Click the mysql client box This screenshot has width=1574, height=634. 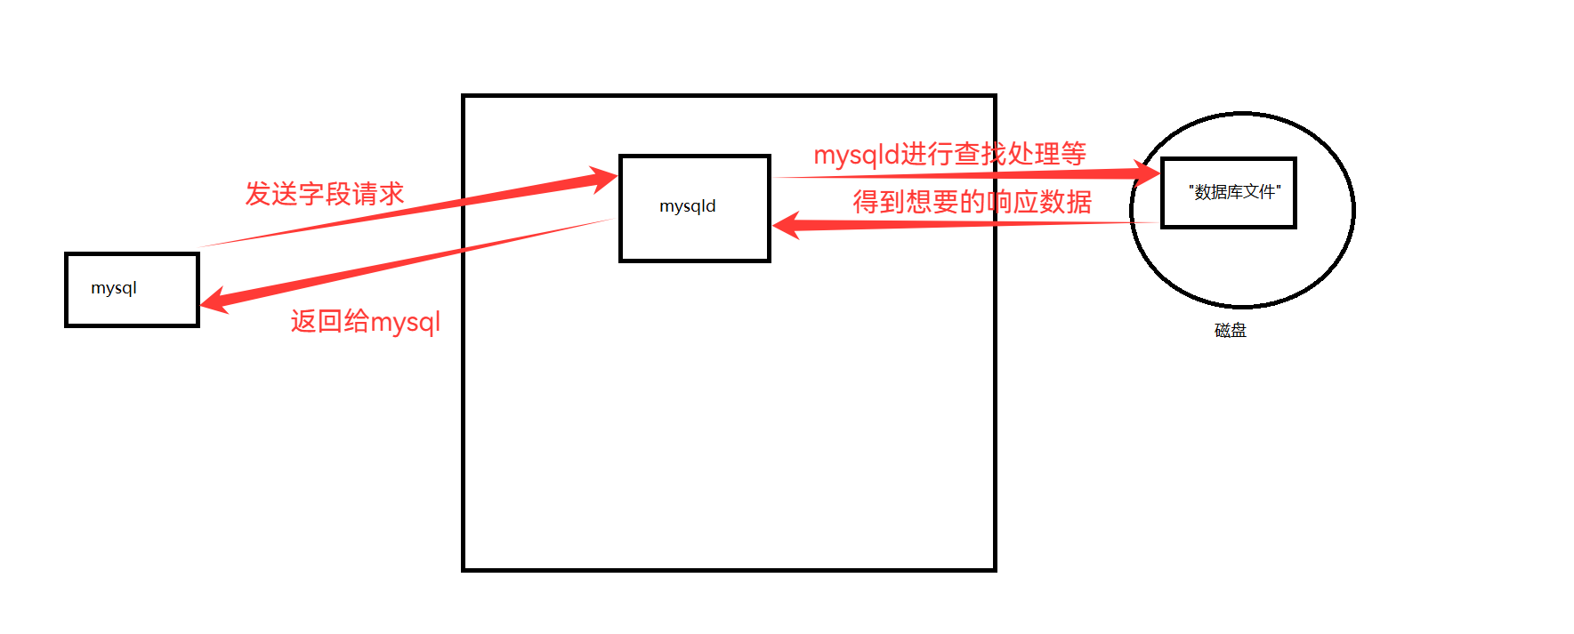pyautogui.click(x=132, y=290)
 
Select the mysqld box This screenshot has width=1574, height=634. pyautogui.click(x=694, y=208)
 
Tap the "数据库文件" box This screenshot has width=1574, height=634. pyautogui.click(x=1228, y=193)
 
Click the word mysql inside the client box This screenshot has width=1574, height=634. pyautogui.click(x=114, y=288)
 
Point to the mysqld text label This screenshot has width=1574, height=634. pyautogui.click(x=687, y=206)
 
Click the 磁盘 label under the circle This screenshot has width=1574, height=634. pyautogui.click(x=1230, y=331)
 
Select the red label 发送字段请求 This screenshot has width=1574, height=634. pyautogui.click(x=324, y=194)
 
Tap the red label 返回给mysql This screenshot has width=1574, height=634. pyautogui.click(x=365, y=321)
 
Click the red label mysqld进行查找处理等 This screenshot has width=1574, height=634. pyautogui.click(x=949, y=155)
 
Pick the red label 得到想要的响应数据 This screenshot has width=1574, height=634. pyautogui.click(x=972, y=202)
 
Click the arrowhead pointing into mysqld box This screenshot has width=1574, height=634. pyautogui.click(x=605, y=179)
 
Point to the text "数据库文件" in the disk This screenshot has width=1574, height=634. pyautogui.click(x=1235, y=192)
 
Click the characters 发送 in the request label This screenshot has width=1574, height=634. pyautogui.click(x=271, y=194)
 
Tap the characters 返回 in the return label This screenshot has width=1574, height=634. pyautogui.click(x=317, y=321)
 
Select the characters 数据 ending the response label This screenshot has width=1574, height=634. pyautogui.click(x=1065, y=202)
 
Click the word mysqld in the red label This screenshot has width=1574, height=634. pyautogui.click(x=856, y=156)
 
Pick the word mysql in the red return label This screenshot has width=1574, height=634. pyautogui.click(x=405, y=323)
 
